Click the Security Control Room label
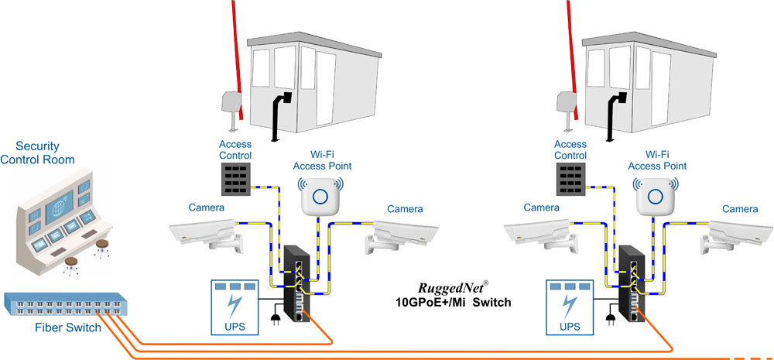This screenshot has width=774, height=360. point(44,153)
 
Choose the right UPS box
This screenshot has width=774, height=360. point(574,307)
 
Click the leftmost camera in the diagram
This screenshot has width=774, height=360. point(203,233)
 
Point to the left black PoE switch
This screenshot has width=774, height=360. point(298,286)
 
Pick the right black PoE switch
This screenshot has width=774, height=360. point(633,286)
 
